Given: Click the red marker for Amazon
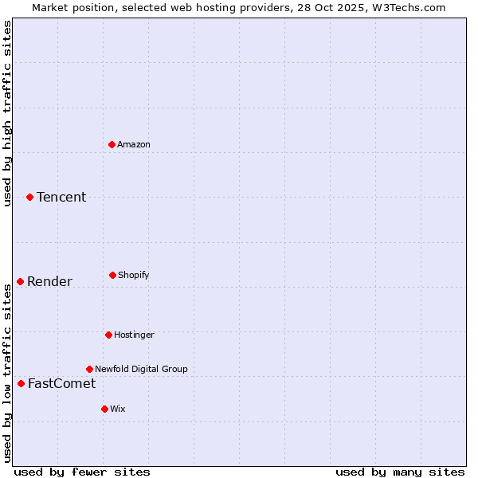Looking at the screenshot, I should pos(112,144).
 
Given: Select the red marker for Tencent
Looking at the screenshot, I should pos(29,197).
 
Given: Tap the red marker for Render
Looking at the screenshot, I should pos(20,281).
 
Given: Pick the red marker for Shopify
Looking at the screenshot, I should pos(112,275).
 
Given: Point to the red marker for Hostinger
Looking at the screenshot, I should pos(108,335).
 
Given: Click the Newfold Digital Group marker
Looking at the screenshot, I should pos(89,369).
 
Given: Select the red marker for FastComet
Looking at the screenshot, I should pos(21,383).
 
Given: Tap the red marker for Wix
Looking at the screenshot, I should pos(104,409).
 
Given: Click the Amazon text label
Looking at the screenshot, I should pos(134,144).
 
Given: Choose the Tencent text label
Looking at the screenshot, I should pos(61,197).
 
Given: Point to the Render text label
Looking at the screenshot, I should pos(49,281).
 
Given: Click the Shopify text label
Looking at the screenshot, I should pos(134,275).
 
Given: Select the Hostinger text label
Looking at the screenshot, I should pos(134,335).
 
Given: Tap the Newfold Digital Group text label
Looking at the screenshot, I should pos(141,369).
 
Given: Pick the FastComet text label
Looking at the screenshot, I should pos(61,383).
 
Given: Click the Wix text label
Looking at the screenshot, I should pos(118,409).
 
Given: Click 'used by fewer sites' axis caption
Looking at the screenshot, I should pos(81,472).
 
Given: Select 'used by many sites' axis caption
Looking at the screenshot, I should pos(400,472).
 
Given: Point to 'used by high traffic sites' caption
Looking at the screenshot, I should pos(7,113).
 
